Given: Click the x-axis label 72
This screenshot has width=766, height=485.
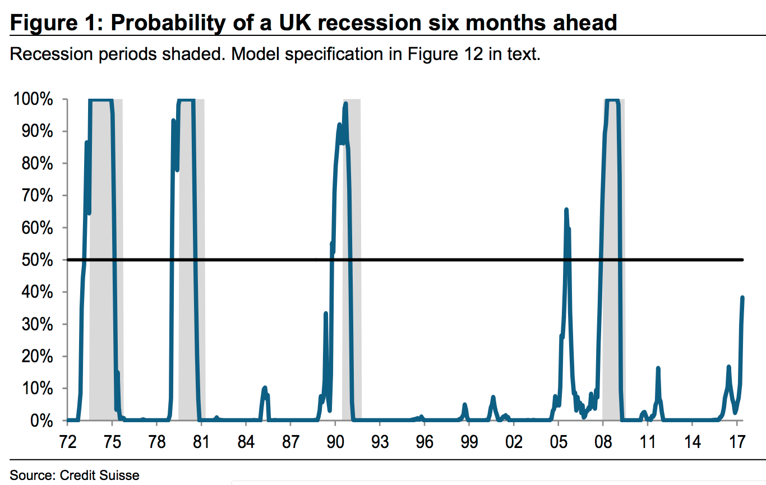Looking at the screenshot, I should [67, 441].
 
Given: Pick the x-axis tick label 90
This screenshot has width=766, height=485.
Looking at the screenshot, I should [335, 441].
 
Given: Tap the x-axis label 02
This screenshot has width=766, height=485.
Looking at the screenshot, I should [514, 441].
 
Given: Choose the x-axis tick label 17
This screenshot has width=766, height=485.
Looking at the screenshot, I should [736, 441].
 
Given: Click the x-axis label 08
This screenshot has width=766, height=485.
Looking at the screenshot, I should [603, 441].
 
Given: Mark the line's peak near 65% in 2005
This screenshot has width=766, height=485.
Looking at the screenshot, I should [566, 210].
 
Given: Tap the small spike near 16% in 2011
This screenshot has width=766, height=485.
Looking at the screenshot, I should [658, 368].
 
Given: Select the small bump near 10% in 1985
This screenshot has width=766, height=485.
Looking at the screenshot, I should [265, 388].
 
